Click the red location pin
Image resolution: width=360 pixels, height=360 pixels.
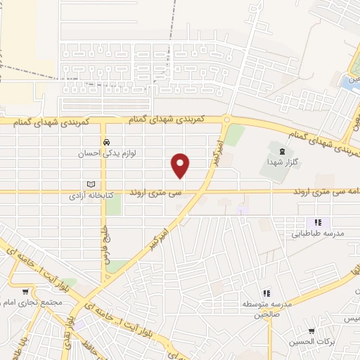181,165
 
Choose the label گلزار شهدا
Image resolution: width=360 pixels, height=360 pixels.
283,162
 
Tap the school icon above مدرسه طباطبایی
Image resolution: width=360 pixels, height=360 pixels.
317,222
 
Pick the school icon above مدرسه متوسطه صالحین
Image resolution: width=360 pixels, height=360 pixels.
266,292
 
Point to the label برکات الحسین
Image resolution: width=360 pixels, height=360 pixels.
310,342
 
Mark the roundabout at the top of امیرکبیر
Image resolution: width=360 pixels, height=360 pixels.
226,120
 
